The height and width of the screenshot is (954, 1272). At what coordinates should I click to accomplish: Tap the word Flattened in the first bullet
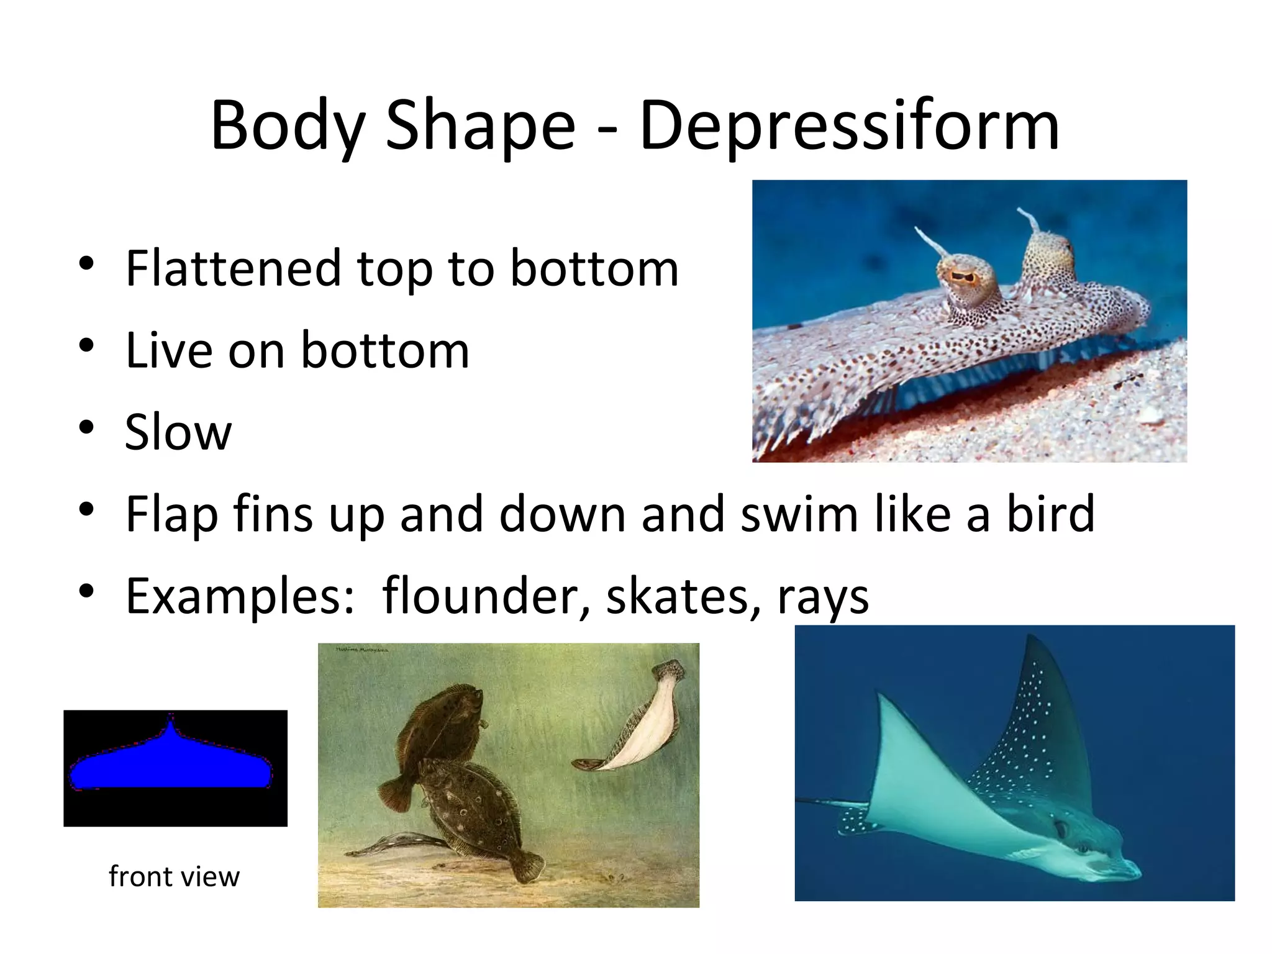pyautogui.click(x=232, y=268)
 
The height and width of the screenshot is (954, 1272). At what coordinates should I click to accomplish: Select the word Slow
pyautogui.click(x=178, y=432)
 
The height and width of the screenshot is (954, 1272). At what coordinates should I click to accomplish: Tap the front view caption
pyautogui.click(x=174, y=876)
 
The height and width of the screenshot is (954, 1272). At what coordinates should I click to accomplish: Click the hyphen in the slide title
pyautogui.click(x=608, y=130)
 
